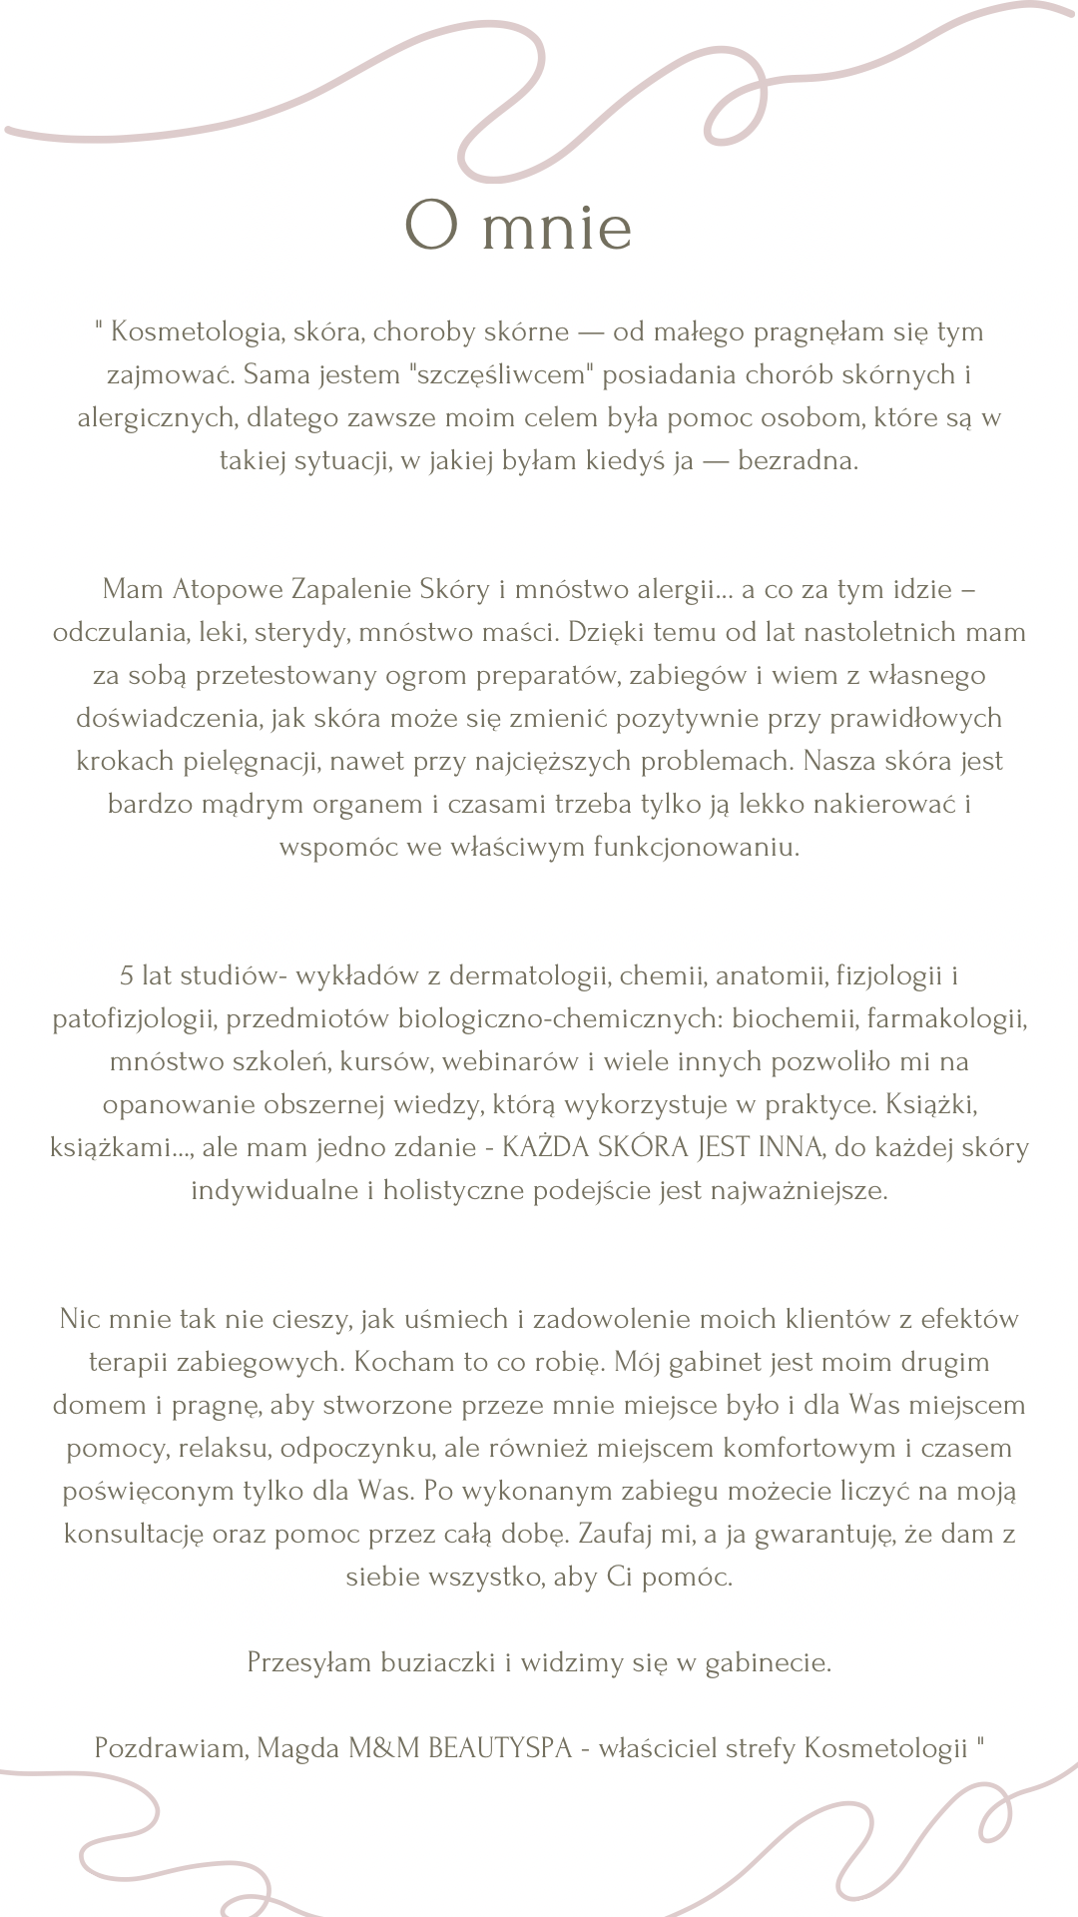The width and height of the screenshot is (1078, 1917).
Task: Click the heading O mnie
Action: pos(518,226)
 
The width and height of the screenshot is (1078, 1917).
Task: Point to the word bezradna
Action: pos(798,461)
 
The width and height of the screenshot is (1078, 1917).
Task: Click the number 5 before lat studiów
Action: pos(127,975)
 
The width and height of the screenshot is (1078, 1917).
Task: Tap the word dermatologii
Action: pos(529,975)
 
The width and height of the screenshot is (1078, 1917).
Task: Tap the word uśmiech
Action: pos(456,1319)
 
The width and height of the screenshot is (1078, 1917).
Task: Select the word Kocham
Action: pos(402,1362)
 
